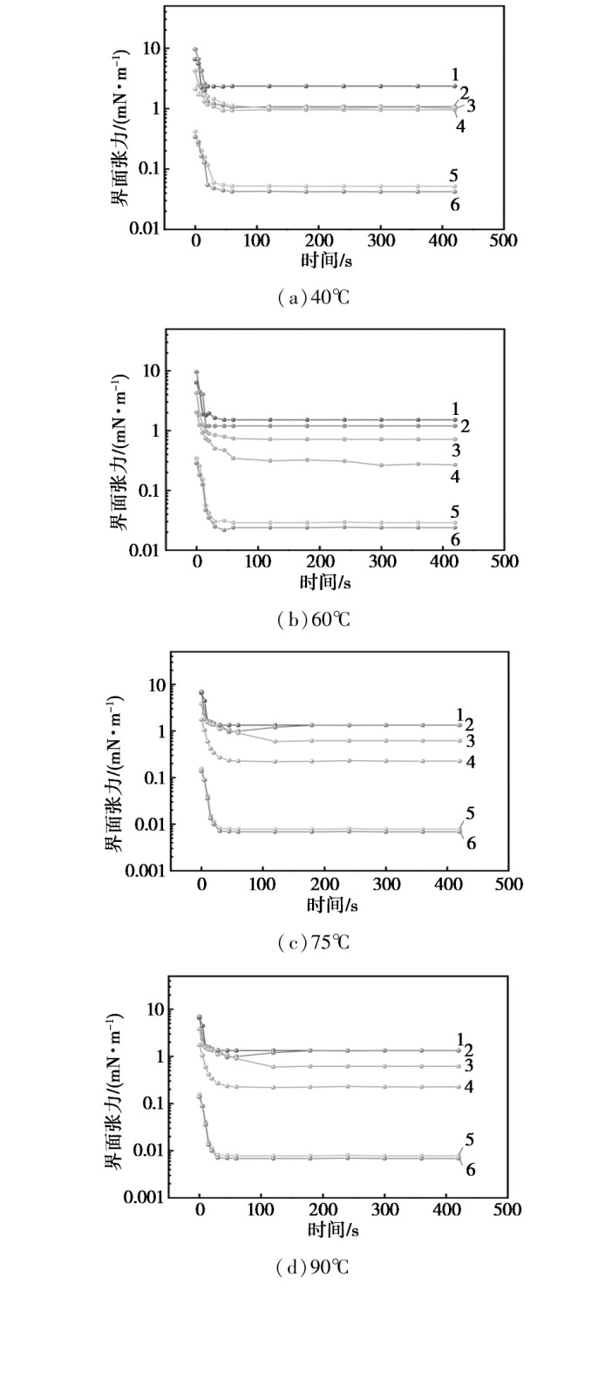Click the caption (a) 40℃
pyautogui.click(x=314, y=298)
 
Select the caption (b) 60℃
pyautogui.click(x=314, y=620)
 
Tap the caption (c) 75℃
pyautogui.click(x=314, y=942)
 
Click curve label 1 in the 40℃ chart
pyautogui.click(x=455, y=75)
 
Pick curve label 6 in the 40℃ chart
pyautogui.click(x=455, y=204)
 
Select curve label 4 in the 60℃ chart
pyautogui.click(x=455, y=477)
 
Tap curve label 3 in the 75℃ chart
pyautogui.click(x=470, y=741)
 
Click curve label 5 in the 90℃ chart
pyautogui.click(x=470, y=1139)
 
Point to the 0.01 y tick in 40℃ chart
pyautogui.click(x=144, y=228)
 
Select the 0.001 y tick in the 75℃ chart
pyautogui.click(x=146, y=871)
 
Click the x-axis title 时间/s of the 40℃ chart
pyautogui.click(x=327, y=259)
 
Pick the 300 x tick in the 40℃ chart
pyautogui.click(x=380, y=240)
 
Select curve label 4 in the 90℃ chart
pyautogui.click(x=470, y=1086)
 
